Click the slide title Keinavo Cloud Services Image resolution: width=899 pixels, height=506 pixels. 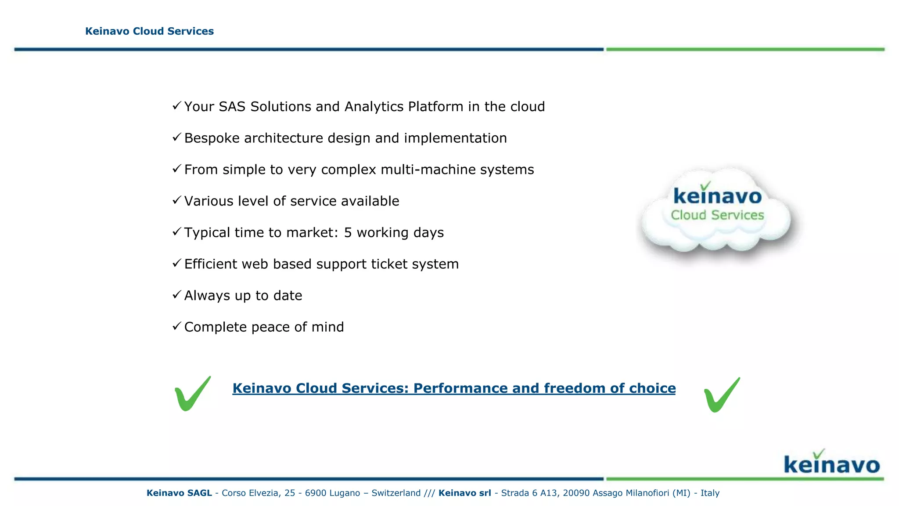tap(149, 31)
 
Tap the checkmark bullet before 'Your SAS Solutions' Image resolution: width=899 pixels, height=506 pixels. tap(176, 105)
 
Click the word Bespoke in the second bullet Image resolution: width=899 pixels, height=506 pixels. tap(212, 138)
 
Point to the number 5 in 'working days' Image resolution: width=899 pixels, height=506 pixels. tap(348, 233)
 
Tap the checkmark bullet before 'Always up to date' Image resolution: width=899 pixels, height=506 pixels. tap(176, 294)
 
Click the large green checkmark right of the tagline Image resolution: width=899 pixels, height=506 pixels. tap(722, 395)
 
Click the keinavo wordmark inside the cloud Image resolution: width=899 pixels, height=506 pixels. tap(717, 195)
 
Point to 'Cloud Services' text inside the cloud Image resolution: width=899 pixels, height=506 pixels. tap(717, 215)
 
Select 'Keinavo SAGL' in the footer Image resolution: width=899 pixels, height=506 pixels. tap(179, 493)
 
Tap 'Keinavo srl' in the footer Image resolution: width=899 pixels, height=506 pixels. tap(464, 493)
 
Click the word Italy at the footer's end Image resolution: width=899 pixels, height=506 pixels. tap(710, 493)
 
